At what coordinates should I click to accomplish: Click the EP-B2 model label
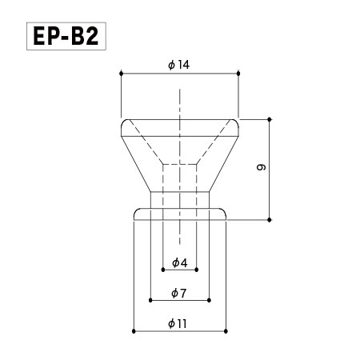[66, 36]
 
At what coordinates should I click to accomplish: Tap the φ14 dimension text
[178, 65]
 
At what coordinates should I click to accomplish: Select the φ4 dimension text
[180, 263]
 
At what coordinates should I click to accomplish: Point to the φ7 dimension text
[178, 294]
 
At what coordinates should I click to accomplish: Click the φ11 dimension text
[178, 324]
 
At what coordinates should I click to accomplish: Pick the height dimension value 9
[261, 167]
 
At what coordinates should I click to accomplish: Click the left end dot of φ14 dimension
[122, 74]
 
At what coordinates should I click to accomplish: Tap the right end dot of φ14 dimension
[238, 74]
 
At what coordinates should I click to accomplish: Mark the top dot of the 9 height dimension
[270, 119]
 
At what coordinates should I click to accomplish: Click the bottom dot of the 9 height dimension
[270, 220]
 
